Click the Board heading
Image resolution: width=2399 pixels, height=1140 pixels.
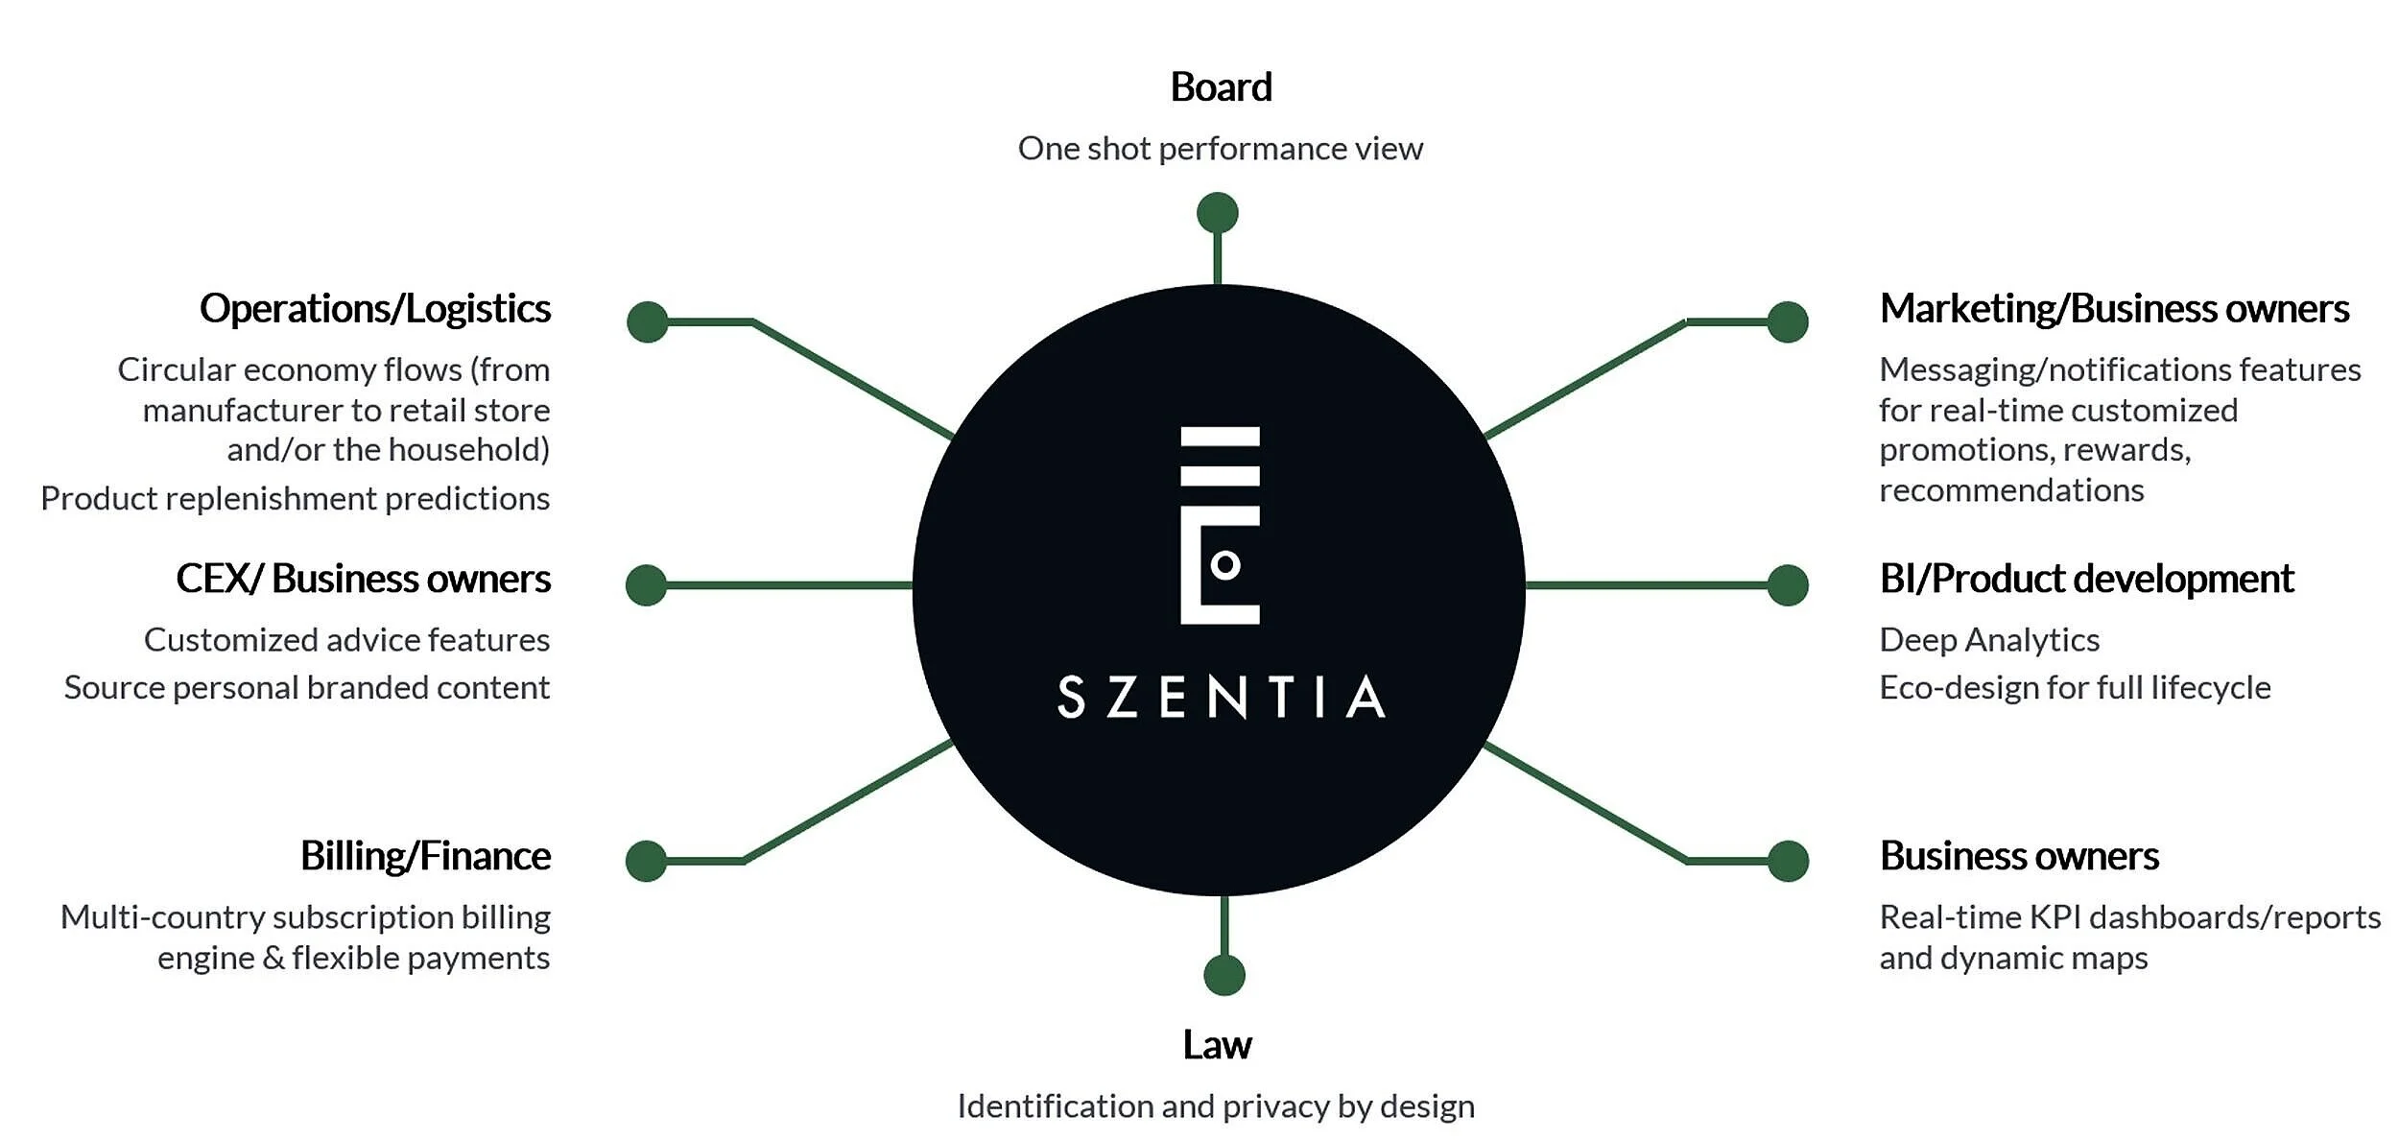[x=1221, y=87]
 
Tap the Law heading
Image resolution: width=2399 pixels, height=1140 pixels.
[x=1217, y=1045]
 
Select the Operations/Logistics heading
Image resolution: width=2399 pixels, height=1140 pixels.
[x=375, y=309]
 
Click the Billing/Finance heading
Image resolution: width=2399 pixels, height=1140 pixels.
[x=425, y=856]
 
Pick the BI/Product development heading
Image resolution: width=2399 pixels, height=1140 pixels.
[x=2086, y=579]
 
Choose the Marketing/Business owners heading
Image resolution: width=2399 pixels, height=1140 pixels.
[x=2114, y=309]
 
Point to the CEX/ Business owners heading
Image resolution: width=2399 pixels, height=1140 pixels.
[x=363, y=579]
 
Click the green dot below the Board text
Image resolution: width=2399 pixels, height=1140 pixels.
[x=1217, y=213]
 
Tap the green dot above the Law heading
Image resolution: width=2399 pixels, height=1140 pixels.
[x=1224, y=975]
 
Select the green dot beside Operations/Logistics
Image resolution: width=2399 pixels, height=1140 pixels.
[x=648, y=321]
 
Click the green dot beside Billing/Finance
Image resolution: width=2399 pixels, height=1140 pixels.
[x=646, y=861]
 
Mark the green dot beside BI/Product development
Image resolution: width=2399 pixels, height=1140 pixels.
[x=1788, y=585]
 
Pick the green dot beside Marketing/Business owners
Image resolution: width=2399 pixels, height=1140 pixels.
[x=1788, y=321]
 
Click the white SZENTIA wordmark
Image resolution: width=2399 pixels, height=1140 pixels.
[x=1221, y=698]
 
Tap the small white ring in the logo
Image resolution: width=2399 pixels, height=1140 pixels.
[x=1225, y=565]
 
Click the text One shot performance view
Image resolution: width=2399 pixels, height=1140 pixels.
[x=1220, y=149]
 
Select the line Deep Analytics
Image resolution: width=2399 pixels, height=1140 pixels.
[x=1988, y=640]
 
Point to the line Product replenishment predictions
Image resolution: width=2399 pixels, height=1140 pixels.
[x=296, y=499]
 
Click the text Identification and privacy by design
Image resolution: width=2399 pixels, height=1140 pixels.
[x=1216, y=1106]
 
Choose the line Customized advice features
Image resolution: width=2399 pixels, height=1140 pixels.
[x=346, y=640]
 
